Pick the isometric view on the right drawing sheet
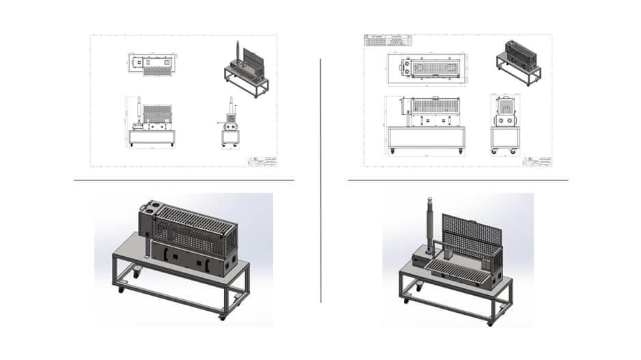(518, 61)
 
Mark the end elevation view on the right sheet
(505, 122)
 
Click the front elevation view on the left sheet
(150, 124)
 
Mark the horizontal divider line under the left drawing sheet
(184, 180)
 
